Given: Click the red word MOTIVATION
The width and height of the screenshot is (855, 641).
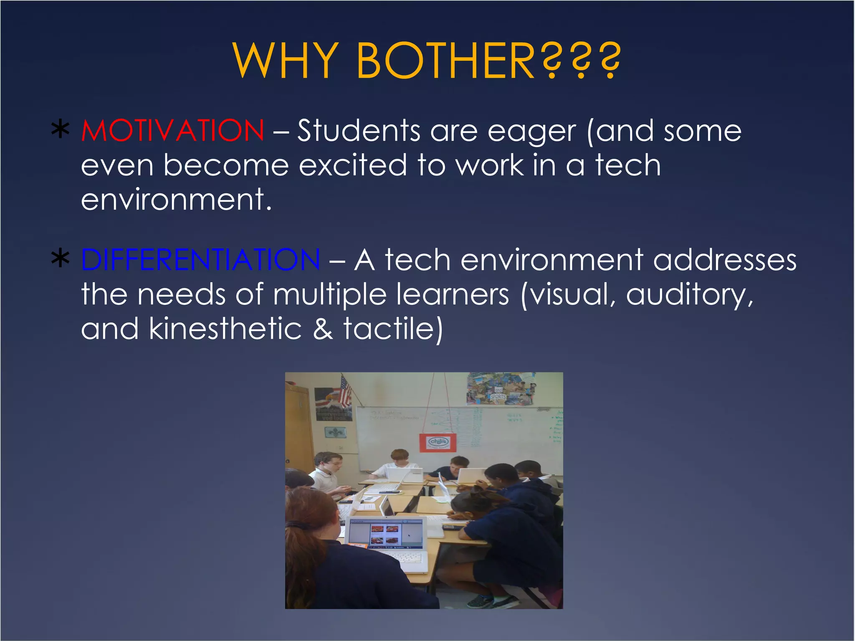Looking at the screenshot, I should coord(172,131).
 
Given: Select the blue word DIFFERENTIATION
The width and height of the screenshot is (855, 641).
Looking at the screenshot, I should coord(201,260).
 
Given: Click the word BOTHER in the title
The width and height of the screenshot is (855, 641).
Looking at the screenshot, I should coord(446,61).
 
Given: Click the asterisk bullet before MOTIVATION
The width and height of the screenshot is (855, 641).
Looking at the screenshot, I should coord(61,130).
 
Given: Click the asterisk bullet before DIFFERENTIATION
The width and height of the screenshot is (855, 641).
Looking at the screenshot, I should coord(61,258).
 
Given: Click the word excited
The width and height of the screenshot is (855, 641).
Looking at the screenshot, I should coord(353,165).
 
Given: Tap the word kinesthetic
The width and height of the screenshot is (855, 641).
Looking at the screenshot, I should coord(225,329).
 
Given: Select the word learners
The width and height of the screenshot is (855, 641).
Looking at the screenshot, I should coord(453,295).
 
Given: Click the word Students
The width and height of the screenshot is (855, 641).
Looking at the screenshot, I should coord(359,131).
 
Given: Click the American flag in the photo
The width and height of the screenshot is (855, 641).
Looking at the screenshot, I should coord(345,392).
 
